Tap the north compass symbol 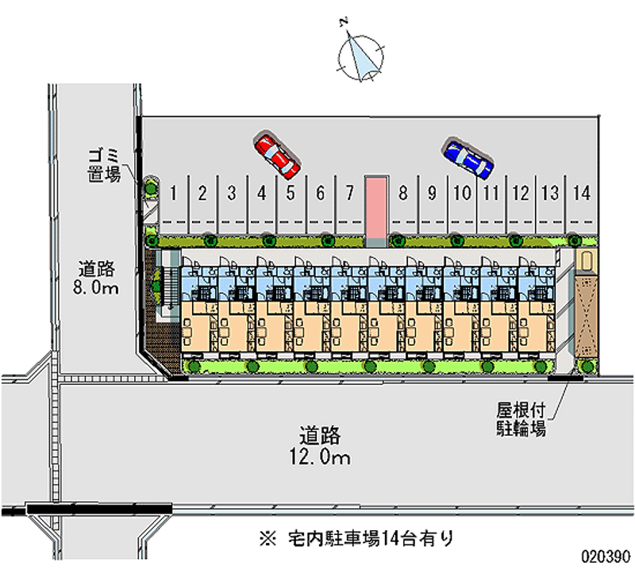tap(361, 56)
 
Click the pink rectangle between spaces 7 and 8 tap(375, 207)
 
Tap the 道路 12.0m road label tap(320, 446)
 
